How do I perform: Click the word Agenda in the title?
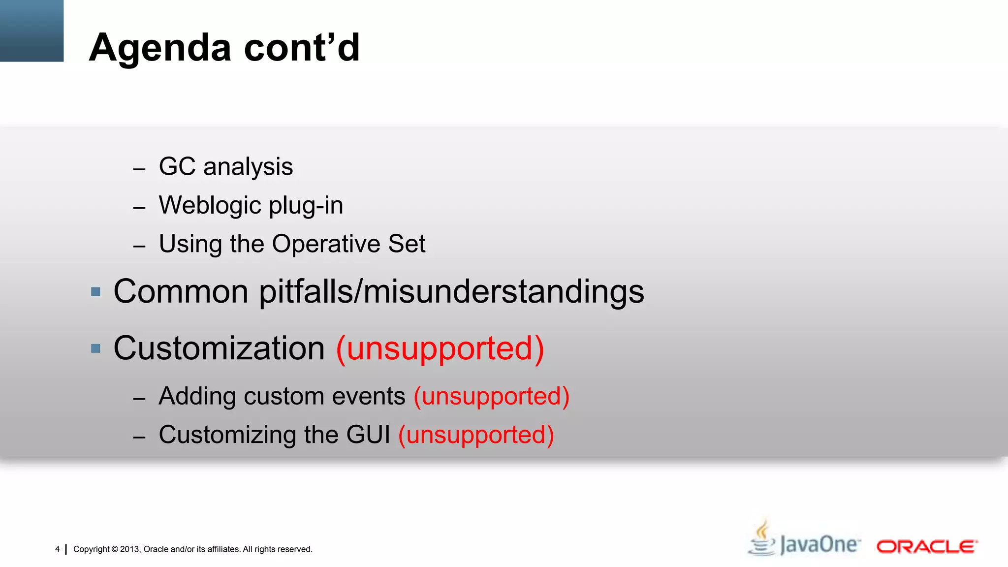[160, 48]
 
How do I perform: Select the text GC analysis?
[226, 166]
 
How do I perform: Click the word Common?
[181, 291]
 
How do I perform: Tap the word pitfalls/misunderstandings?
[451, 291]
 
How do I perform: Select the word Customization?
[219, 348]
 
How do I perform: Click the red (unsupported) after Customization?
[440, 348]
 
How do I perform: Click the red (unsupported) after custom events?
[491, 396]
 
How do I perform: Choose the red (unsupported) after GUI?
[476, 435]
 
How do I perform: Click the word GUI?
[368, 435]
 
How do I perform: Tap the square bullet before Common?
[96, 292]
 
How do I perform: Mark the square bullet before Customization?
[96, 349]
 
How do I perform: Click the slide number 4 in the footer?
[58, 549]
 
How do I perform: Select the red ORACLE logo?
[927, 547]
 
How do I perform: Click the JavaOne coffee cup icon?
[761, 539]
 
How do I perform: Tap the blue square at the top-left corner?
[31, 31]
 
